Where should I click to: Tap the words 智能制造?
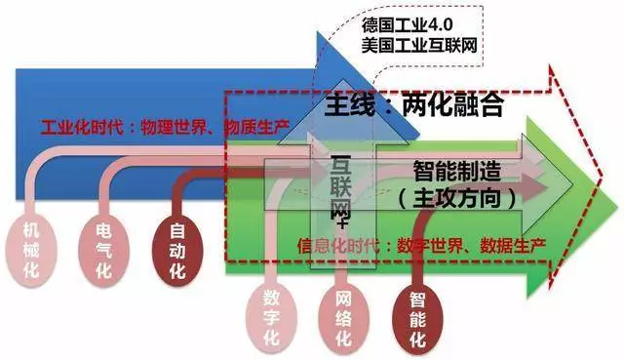[x=456, y=172]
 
